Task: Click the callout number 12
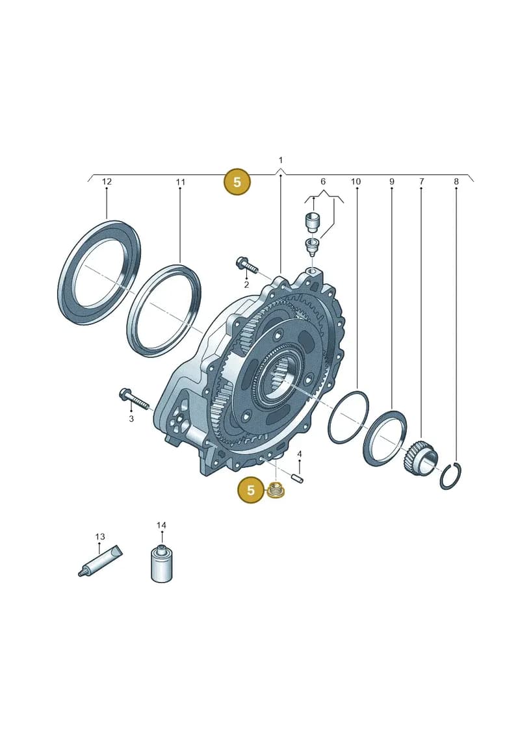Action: coord(107,181)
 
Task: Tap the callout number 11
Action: coord(181,182)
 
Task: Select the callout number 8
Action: coord(456,181)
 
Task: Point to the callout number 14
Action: coord(161,526)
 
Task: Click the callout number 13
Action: coord(100,537)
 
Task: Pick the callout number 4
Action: coord(300,454)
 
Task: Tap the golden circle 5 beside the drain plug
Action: coord(251,490)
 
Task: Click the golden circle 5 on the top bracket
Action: coord(237,181)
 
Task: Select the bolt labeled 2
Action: coord(247,266)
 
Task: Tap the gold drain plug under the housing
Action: coord(277,489)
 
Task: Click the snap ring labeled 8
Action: coord(450,476)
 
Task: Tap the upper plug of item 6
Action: coord(312,222)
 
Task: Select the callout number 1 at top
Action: coord(281,161)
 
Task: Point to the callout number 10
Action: coord(356,181)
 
